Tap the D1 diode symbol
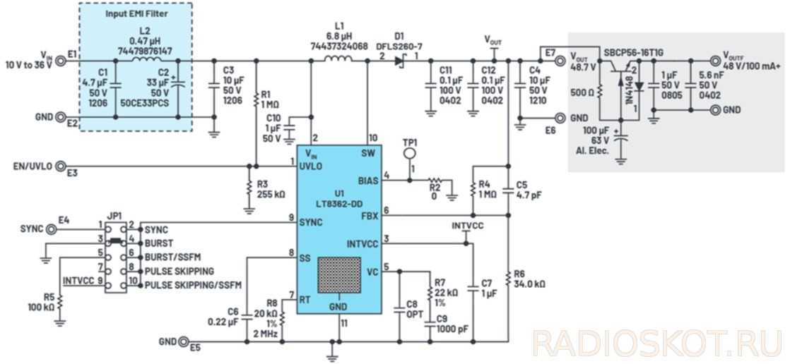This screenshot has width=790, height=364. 400,61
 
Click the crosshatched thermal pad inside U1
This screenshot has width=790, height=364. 339,274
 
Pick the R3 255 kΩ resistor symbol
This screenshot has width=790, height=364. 249,188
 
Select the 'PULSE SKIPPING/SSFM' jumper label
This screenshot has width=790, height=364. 193,285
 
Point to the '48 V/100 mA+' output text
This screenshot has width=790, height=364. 751,66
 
